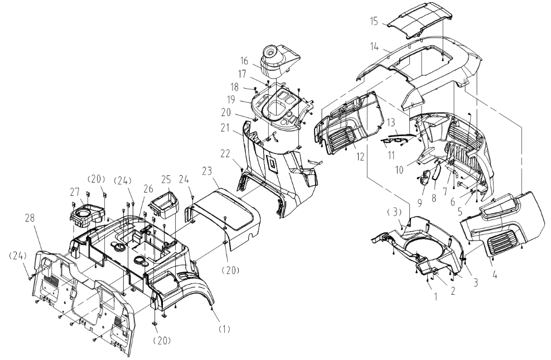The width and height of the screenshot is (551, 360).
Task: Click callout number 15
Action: (374, 22)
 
